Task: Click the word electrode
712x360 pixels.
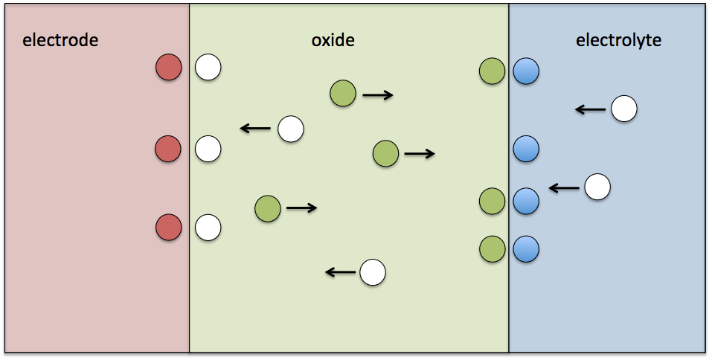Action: coord(60,40)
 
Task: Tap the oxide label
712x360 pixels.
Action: coord(333,40)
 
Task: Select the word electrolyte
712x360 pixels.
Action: coord(618,40)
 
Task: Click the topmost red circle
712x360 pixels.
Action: coord(168,68)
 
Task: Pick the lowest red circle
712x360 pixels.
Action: coord(168,227)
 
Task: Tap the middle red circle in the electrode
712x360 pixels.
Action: coord(168,149)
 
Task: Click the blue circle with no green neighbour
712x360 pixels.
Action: coord(526,149)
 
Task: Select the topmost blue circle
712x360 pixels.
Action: coord(526,72)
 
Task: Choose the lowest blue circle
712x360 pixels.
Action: coord(526,249)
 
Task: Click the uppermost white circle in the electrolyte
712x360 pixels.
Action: coord(624,109)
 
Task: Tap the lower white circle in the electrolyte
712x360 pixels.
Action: coord(597,187)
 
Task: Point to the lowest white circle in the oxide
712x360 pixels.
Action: coord(373,273)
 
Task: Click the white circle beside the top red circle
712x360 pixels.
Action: coord(208,68)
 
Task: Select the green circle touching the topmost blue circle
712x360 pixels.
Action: coord(493,72)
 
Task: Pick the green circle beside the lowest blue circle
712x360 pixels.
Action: coord(493,249)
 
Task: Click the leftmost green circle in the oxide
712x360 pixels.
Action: coord(268,209)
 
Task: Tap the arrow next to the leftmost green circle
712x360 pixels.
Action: coord(301,208)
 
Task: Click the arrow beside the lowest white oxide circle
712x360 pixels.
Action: coord(341,273)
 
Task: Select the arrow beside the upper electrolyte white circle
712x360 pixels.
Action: coord(591,110)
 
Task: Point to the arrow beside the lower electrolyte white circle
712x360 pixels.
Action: coord(564,188)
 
